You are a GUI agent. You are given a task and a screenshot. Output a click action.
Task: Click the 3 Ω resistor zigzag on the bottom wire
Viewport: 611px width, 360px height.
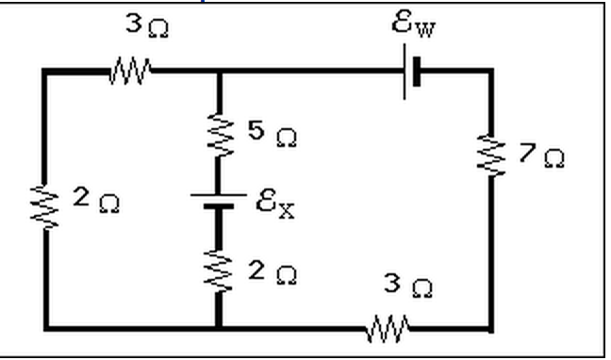tap(388, 329)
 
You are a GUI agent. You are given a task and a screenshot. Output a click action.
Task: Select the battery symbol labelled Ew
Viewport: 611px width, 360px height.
tap(410, 72)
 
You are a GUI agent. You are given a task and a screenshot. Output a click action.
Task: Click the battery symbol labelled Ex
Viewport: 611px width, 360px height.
tap(218, 202)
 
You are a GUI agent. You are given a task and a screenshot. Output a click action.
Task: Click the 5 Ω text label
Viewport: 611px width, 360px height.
tap(272, 135)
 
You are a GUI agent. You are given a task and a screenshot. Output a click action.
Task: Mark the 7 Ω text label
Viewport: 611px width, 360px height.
tap(541, 155)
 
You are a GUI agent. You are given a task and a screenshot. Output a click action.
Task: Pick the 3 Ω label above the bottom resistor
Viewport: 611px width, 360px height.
tap(406, 286)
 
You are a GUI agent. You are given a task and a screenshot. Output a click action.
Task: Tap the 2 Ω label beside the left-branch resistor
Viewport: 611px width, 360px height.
tap(96, 202)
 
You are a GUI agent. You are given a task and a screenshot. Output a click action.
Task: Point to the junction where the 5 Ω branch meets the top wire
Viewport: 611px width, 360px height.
tap(218, 71)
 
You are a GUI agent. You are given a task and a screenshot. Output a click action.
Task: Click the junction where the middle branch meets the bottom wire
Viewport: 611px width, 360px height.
tap(218, 328)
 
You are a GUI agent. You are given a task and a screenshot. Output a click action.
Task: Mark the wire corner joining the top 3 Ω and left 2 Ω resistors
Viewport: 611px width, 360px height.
tap(45, 71)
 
